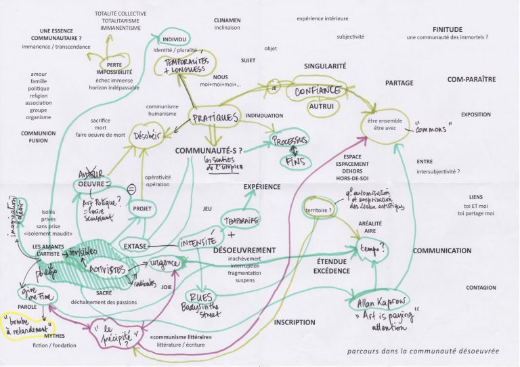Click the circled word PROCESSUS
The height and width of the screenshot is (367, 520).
[290, 140]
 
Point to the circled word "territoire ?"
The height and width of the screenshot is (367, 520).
[319, 211]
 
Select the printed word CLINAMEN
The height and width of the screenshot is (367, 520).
[227, 20]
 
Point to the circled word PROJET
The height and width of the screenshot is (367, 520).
[142, 209]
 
